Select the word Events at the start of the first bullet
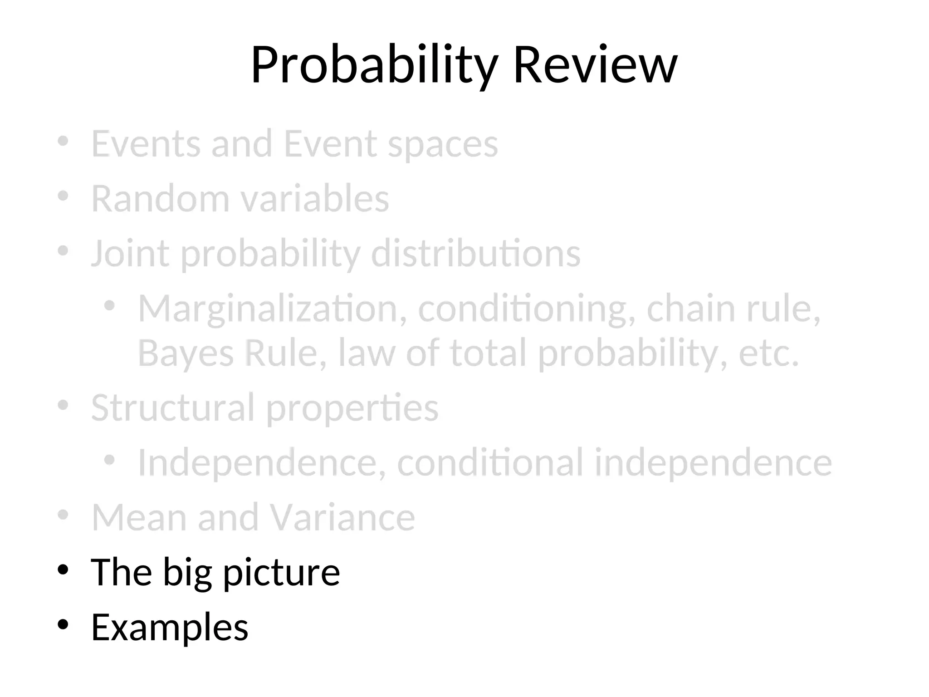(146, 144)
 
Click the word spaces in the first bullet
(443, 145)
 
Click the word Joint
(131, 253)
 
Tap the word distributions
(476, 253)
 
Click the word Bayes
(186, 353)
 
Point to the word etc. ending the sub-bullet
(768, 353)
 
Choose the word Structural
(173, 407)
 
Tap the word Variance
(342, 517)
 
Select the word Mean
(139, 517)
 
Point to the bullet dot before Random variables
(63, 196)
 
